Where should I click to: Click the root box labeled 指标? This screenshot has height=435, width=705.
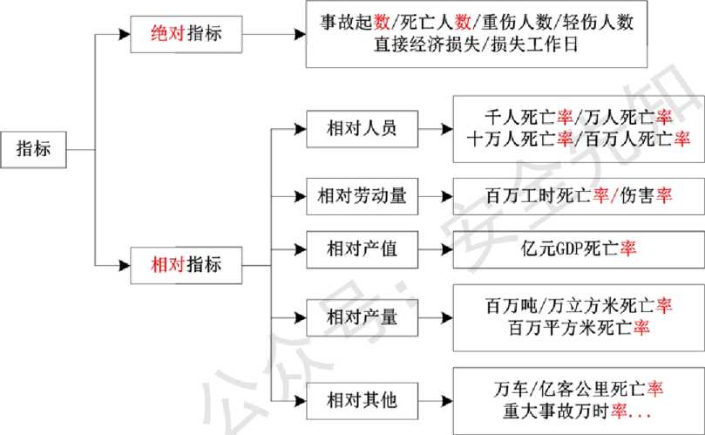[33, 149]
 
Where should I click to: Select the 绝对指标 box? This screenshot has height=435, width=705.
[186, 34]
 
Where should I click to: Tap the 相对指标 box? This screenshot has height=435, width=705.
[186, 265]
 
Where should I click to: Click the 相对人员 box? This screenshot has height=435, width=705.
[362, 129]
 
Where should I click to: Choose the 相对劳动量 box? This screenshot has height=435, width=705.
[362, 196]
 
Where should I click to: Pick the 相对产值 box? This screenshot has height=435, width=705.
[362, 249]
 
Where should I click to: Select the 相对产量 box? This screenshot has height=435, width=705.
[362, 317]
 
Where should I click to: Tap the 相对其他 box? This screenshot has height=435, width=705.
[362, 401]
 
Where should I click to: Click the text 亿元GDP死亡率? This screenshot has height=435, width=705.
[579, 248]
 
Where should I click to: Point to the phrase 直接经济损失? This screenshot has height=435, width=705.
[427, 44]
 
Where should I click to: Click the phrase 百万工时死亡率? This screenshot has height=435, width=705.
[547, 195]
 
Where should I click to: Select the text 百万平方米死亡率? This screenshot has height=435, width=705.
[580, 327]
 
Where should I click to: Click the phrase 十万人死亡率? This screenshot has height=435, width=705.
[520, 139]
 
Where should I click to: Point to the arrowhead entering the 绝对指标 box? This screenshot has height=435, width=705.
[125, 34]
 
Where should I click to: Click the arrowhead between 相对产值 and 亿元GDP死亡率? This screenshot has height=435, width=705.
[447, 249]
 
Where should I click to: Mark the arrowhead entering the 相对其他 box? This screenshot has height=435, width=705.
[301, 401]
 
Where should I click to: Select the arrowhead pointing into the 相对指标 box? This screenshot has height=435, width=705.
[125, 265]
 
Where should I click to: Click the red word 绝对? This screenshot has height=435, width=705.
[168, 34]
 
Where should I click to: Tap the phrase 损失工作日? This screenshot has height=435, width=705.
[534, 44]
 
